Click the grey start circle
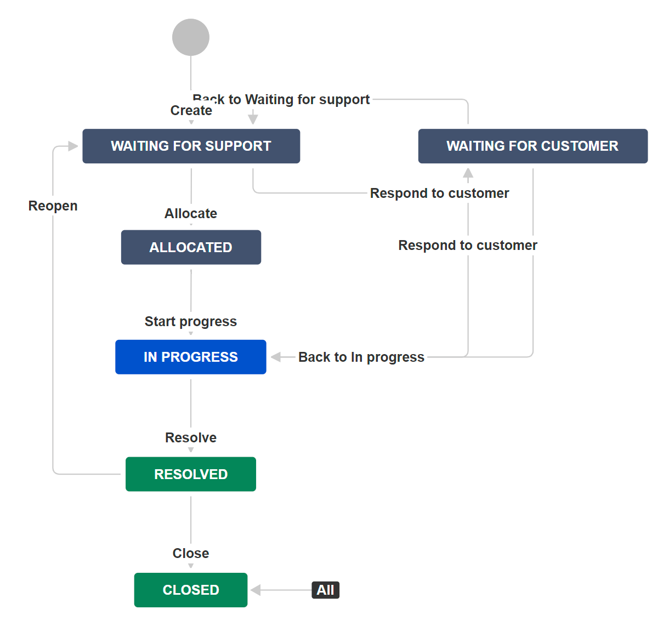click(x=191, y=37)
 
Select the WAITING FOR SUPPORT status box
click(x=191, y=146)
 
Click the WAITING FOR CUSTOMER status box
click(x=532, y=146)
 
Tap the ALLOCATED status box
click(x=191, y=247)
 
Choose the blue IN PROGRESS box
click(x=191, y=357)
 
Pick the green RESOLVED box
click(x=191, y=474)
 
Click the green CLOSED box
click(x=191, y=590)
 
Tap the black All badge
click(x=326, y=590)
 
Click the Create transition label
click(x=191, y=111)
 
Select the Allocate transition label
click(x=191, y=213)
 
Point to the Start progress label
click(x=191, y=321)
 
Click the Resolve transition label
click(x=191, y=437)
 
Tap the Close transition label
click(x=191, y=553)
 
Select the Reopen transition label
click(x=53, y=206)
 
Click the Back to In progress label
click(x=361, y=357)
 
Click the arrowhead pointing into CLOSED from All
click(x=256, y=590)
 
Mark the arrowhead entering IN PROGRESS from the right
click(x=276, y=357)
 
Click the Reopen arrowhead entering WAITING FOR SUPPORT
click(x=73, y=146)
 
